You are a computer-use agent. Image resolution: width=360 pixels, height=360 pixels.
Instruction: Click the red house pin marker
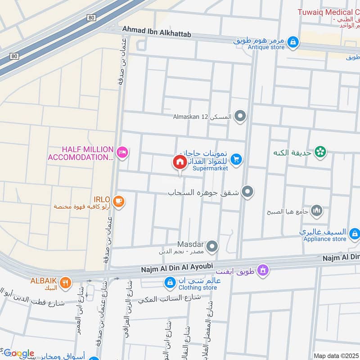pos(179,163)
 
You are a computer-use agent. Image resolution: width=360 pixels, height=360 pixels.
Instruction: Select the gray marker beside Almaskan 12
pos(241,117)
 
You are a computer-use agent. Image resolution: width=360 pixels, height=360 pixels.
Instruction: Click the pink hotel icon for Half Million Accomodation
pos(122,153)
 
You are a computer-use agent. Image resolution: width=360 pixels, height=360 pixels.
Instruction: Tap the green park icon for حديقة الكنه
pos(320,153)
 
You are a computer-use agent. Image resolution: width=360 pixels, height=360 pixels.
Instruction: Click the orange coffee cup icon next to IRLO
pos(118,201)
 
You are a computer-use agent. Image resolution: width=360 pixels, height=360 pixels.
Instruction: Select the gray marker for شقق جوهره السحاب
pos(247,193)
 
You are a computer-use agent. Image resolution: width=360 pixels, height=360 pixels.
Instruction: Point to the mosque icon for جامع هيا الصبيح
pos(317,210)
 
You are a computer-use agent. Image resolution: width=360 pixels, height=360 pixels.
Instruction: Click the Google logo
pos(18,353)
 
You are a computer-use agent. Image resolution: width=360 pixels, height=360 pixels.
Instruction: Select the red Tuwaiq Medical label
pos(328,12)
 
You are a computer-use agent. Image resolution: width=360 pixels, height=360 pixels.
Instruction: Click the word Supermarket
pos(210,168)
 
